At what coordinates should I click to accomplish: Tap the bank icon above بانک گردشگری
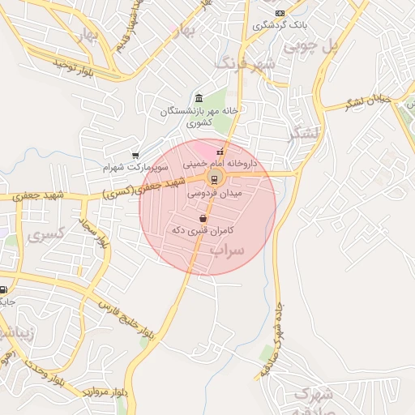(280, 13)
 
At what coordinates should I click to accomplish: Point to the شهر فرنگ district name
(246, 62)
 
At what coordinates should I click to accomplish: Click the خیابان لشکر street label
(370, 101)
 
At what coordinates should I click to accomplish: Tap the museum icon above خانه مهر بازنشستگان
(199, 98)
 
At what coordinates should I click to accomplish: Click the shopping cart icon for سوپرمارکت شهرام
(135, 156)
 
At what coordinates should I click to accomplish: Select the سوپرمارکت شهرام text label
(135, 168)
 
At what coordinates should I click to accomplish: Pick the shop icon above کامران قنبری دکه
(202, 218)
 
